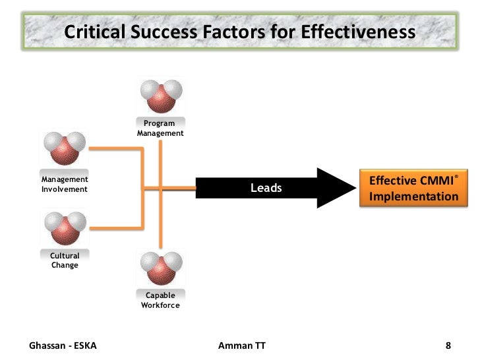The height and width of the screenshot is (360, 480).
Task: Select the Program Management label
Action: [x=160, y=128]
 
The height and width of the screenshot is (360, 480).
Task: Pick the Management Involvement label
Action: [x=65, y=184]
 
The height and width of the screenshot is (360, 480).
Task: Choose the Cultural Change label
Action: [x=65, y=260]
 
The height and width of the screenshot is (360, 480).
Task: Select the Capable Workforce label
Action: [x=160, y=301]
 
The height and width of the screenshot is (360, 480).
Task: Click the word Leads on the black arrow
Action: [x=266, y=189]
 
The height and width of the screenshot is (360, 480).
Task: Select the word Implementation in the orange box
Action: [x=413, y=196]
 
